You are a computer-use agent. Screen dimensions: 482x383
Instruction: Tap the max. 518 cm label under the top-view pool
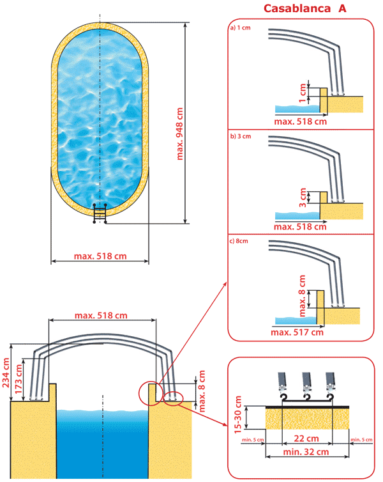pos(100,256)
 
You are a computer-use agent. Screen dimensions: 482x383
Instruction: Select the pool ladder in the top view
pos(100,214)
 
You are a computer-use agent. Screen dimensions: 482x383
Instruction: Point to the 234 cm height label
pos(6,373)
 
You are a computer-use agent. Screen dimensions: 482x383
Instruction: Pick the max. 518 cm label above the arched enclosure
pos(101,315)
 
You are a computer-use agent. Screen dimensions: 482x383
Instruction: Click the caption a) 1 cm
pos(241,29)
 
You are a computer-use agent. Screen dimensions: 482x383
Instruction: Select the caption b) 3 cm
pos(241,136)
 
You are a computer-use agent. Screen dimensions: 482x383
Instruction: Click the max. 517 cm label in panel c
pos(297,332)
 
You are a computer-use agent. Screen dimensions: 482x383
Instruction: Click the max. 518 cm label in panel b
pos(299,226)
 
